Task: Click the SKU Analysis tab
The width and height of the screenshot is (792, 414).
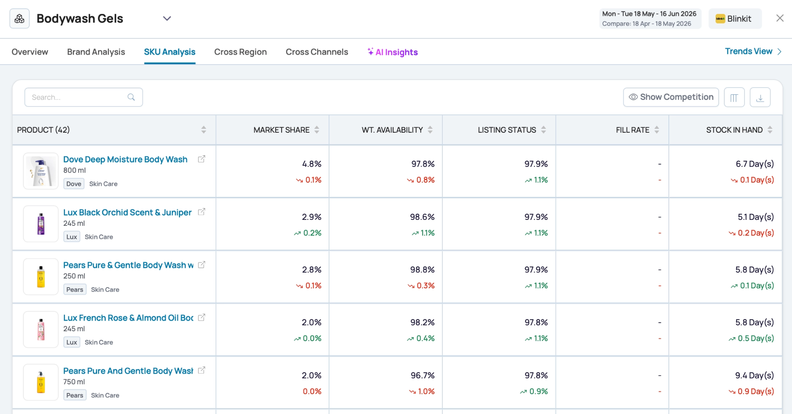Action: click(169, 52)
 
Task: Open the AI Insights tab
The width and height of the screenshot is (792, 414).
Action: click(392, 52)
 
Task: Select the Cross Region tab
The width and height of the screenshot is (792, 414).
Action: click(240, 52)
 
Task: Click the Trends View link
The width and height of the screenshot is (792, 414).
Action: click(753, 52)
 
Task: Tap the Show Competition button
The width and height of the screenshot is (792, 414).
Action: click(671, 97)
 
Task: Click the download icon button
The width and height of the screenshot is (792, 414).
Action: click(760, 97)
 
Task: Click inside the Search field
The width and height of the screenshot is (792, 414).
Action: click(84, 97)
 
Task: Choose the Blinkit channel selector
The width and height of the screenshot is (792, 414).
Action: click(735, 19)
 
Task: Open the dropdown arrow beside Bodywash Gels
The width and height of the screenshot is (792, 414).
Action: click(167, 19)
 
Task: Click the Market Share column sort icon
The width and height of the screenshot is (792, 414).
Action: click(317, 130)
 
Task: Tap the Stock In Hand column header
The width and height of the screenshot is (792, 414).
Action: click(734, 130)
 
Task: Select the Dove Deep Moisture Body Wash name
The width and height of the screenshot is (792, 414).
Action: click(125, 159)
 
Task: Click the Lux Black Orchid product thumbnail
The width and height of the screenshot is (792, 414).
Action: click(41, 224)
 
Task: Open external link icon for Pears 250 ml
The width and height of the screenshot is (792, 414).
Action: click(202, 265)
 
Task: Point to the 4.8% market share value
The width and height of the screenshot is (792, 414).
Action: click(312, 164)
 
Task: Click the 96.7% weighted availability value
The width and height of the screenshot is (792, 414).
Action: click(423, 376)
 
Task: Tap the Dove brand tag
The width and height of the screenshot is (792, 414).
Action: click(74, 184)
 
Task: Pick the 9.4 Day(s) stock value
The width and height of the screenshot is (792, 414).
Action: click(754, 376)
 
